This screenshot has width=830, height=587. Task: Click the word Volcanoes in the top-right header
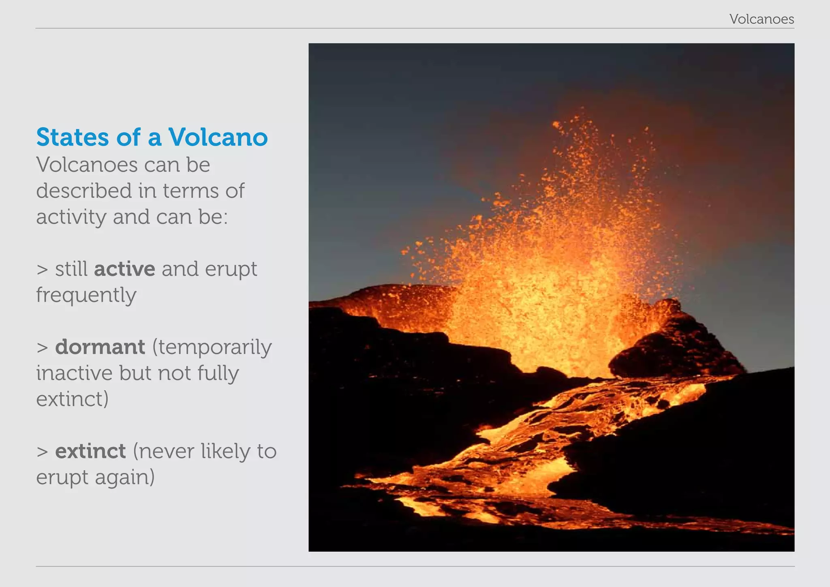pyautogui.click(x=762, y=19)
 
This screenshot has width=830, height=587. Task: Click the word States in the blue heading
pyautogui.click(x=73, y=137)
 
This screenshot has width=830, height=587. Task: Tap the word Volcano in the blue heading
pyautogui.click(x=218, y=137)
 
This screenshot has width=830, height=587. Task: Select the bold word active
pyautogui.click(x=124, y=269)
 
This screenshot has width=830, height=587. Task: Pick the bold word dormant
pyautogui.click(x=100, y=347)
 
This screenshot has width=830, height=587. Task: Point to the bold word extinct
pyautogui.click(x=90, y=451)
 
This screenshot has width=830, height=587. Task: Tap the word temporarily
pyautogui.click(x=212, y=348)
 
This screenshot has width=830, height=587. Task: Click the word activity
pyautogui.click(x=71, y=217)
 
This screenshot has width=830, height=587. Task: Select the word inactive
pyautogui.click(x=74, y=373)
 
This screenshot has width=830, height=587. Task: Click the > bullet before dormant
pyautogui.click(x=42, y=348)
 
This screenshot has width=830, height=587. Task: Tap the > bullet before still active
pyautogui.click(x=42, y=270)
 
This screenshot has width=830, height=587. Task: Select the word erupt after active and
pyautogui.click(x=231, y=270)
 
